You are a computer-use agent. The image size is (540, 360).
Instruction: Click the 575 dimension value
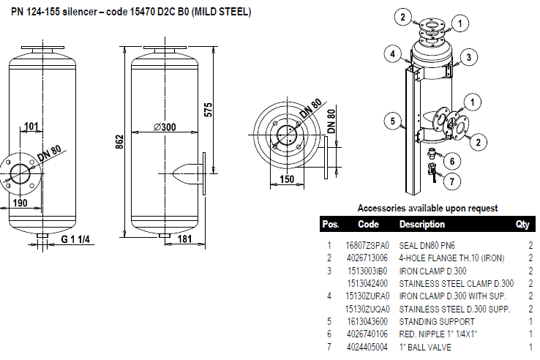208,107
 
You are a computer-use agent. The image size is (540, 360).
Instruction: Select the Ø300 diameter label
165,127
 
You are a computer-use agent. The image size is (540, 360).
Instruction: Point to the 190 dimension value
20,203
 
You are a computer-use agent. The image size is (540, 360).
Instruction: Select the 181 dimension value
185,239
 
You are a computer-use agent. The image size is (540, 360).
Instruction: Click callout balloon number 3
470,56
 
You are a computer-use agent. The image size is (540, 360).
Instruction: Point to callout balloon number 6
451,161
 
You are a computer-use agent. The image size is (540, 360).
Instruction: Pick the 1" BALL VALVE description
425,346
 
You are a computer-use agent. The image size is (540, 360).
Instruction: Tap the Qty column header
522,225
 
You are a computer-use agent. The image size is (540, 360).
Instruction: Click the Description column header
421,225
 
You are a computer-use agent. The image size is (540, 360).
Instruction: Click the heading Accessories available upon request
427,209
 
